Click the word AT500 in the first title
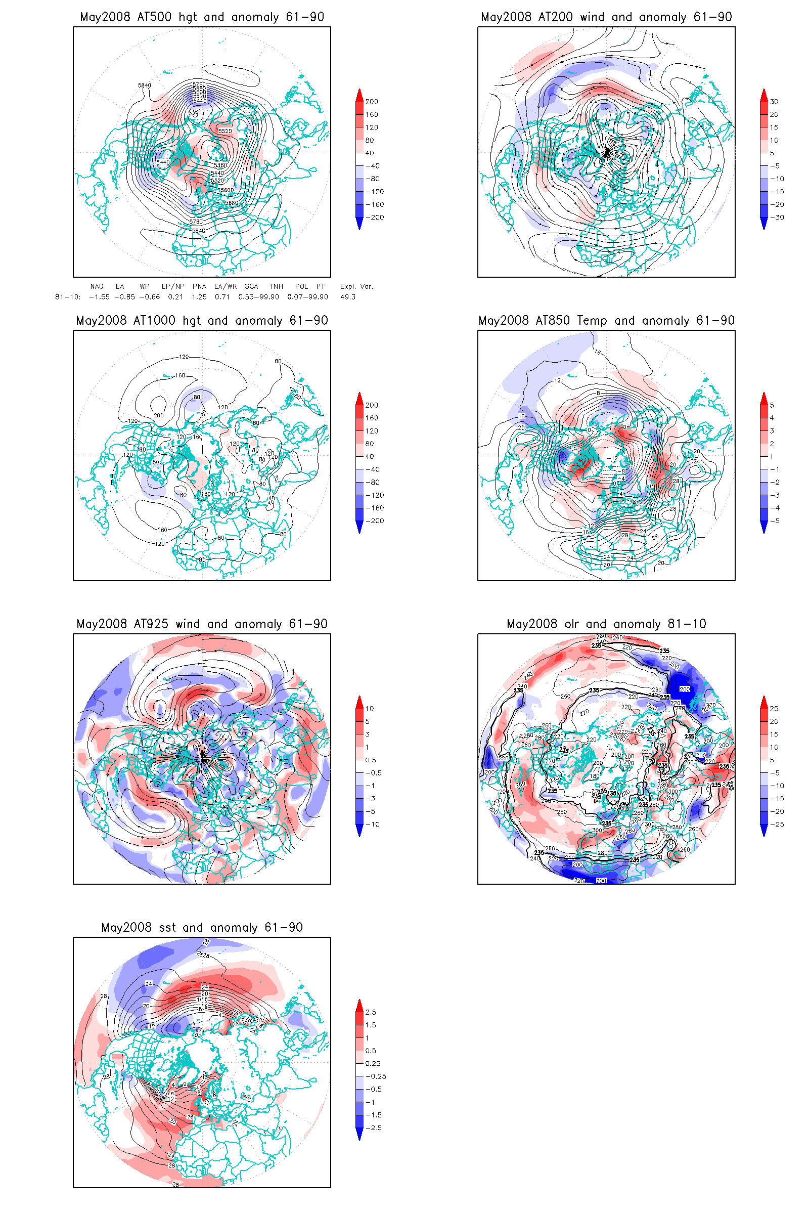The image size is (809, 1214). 154,17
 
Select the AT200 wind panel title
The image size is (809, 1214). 606,17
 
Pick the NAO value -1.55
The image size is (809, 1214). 99,297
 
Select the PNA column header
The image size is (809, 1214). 199,286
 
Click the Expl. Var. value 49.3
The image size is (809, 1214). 348,297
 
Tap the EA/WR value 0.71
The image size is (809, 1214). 222,297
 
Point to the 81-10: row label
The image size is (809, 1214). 68,297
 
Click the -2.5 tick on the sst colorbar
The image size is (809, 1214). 375,1128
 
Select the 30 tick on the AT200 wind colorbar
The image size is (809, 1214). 774,102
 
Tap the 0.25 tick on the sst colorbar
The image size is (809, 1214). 373,1063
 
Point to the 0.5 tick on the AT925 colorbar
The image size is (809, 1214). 371,760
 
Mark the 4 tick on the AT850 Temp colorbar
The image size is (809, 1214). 772,418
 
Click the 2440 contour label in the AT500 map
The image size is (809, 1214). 163,162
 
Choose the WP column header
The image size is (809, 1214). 145,286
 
